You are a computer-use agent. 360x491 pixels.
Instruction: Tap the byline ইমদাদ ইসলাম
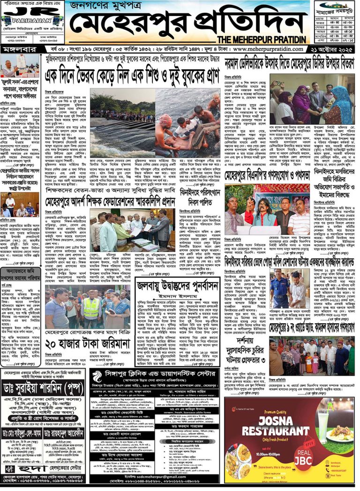(x=179, y=296)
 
